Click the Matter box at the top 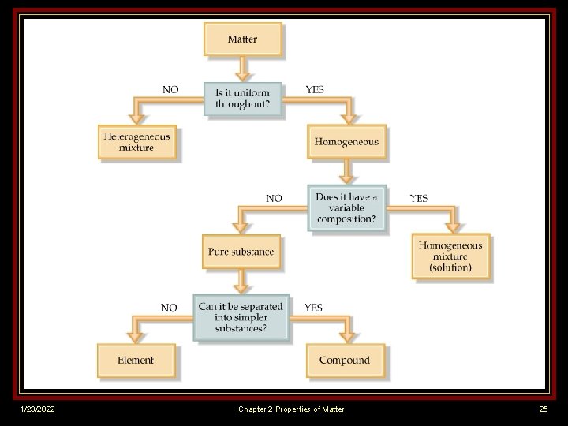point(242,39)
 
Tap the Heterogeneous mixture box point(137,142)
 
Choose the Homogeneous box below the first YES point(346,142)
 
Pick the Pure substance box point(241,252)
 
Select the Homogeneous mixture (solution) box point(450,256)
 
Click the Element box point(136,361)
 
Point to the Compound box point(345,361)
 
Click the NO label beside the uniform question point(170,90)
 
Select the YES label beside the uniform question point(314,90)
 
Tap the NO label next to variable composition point(274,198)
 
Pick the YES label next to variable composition point(419,198)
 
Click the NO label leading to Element point(169,307)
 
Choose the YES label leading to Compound point(313,307)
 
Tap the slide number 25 point(543,409)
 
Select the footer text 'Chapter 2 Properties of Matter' point(291,409)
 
